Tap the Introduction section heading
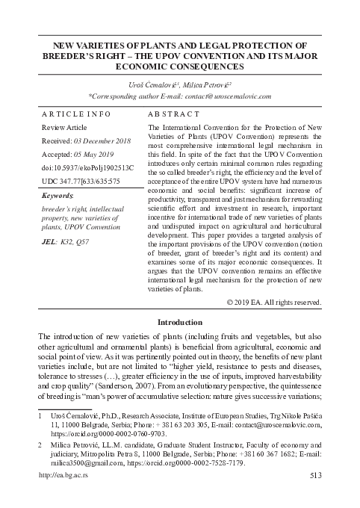(x=180, y=322)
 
